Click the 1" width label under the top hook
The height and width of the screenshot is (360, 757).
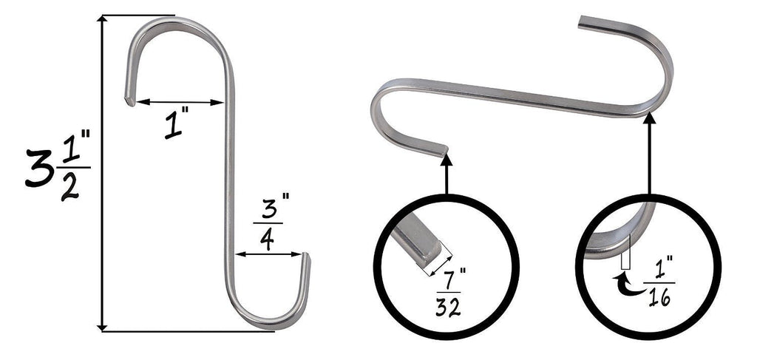(x=174, y=126)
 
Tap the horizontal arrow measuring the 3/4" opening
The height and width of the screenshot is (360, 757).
(x=270, y=254)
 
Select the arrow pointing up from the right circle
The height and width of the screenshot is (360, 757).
(x=649, y=155)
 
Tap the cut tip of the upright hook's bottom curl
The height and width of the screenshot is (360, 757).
(x=306, y=257)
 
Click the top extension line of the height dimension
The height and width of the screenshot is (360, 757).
(x=137, y=15)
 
